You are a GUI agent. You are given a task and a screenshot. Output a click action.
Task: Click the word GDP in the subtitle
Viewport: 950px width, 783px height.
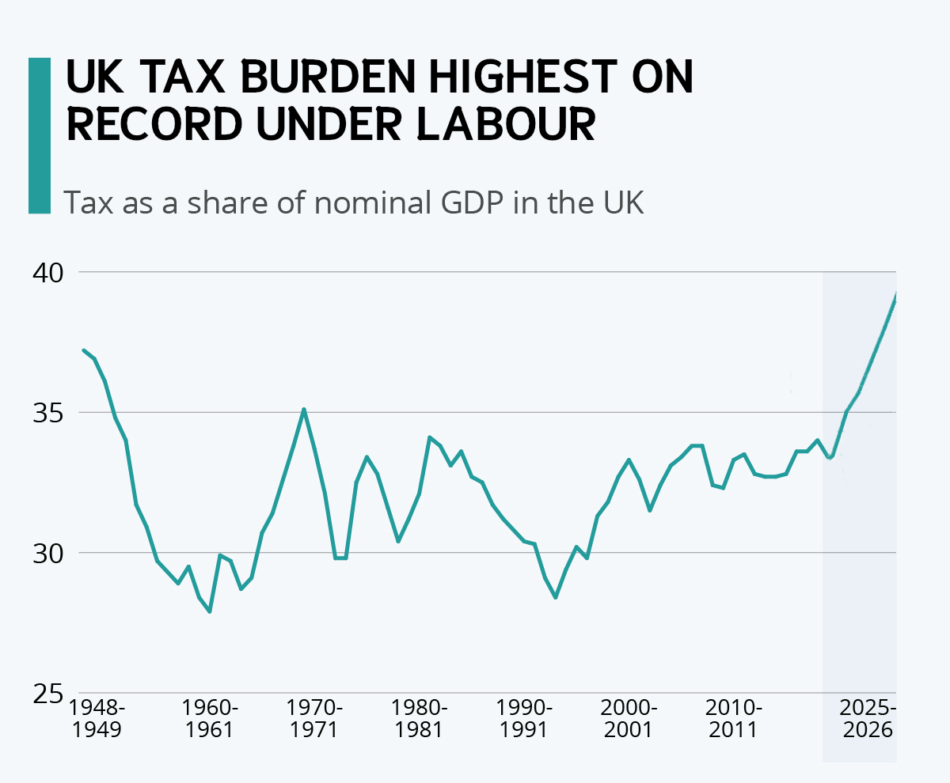(x=470, y=203)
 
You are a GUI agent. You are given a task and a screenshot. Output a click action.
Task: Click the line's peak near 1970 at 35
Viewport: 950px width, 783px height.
(x=304, y=410)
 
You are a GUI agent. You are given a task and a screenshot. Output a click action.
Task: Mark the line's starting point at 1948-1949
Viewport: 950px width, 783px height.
(x=84, y=350)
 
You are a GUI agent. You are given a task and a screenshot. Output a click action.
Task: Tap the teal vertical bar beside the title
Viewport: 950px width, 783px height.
(x=39, y=135)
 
